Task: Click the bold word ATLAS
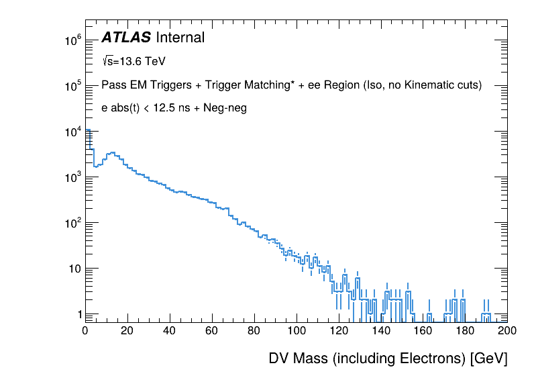tap(125, 38)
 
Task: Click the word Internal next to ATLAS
tap(180, 38)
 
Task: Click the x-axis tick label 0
tap(85, 330)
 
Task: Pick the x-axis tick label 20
tap(127, 330)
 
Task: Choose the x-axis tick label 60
tap(212, 330)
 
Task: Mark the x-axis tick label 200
tap(507, 330)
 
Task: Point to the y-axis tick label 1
tap(78, 314)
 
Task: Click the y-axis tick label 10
tap(75, 269)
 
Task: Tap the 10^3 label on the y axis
tap(72, 177)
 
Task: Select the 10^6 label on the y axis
tap(72, 40)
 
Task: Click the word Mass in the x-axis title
tap(315, 358)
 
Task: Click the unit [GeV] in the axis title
tap(488, 358)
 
